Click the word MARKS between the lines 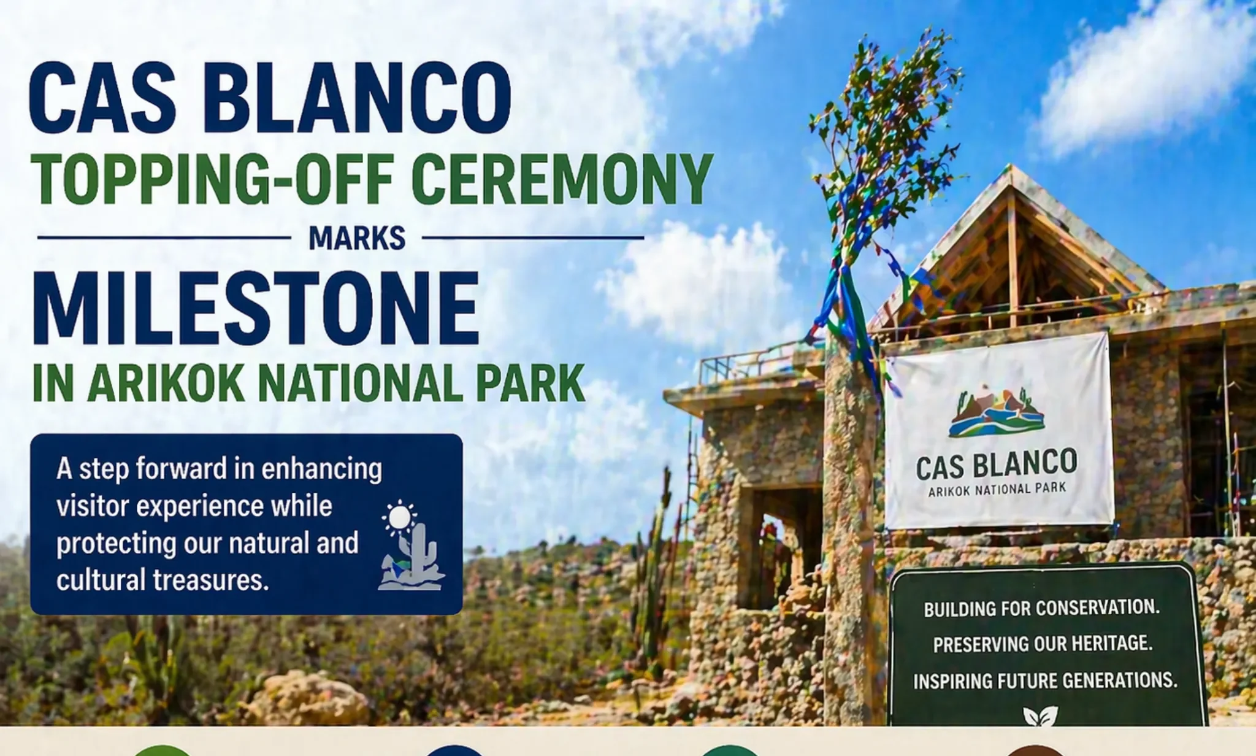tap(357, 238)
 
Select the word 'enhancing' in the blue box tap(321, 470)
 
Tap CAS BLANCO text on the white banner tap(997, 465)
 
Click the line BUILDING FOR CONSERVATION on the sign tap(1042, 608)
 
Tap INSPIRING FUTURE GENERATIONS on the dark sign tap(1045, 681)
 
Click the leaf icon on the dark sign tap(1040, 715)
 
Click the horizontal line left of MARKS tap(164, 237)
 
